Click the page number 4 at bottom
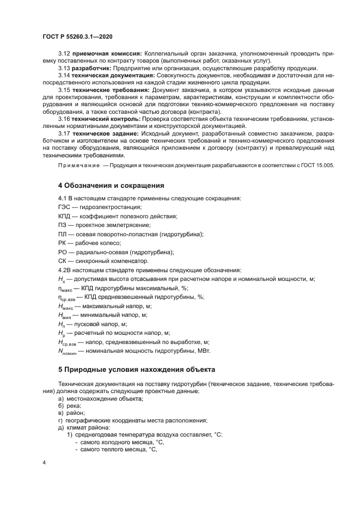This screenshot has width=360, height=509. [44, 463]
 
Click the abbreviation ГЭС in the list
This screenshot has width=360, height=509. [65, 207]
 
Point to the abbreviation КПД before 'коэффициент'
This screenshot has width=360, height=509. [65, 216]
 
